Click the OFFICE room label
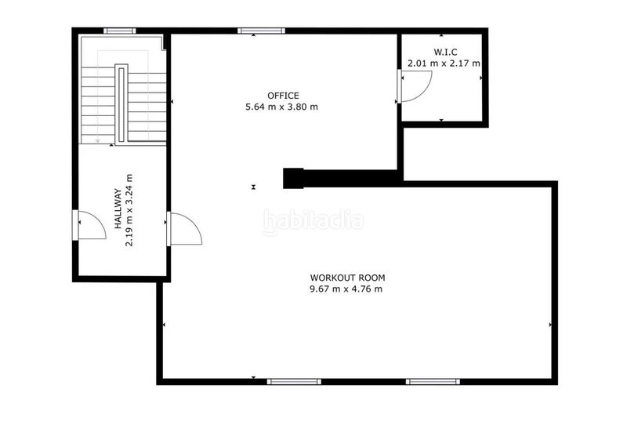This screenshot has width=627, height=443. click(x=282, y=96)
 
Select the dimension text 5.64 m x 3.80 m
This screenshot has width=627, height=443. click(x=282, y=107)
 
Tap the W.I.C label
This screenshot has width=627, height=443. click(x=443, y=52)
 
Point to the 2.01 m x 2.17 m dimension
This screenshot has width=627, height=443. click(x=443, y=63)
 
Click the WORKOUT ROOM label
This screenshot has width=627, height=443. click(x=347, y=278)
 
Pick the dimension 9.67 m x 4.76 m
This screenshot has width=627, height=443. click(x=347, y=289)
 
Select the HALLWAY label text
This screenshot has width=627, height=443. click(x=118, y=209)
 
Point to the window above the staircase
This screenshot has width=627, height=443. click(x=120, y=31)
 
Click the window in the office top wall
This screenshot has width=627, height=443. click(x=262, y=31)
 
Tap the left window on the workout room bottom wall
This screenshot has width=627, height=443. click(x=294, y=381)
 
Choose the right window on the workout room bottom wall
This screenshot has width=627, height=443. click(x=432, y=381)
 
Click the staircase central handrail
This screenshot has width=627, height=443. click(x=121, y=103)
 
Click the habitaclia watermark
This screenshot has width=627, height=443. click(x=313, y=221)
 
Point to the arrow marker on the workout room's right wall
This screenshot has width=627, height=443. click(x=550, y=324)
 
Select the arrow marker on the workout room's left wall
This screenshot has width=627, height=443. click(x=164, y=324)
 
